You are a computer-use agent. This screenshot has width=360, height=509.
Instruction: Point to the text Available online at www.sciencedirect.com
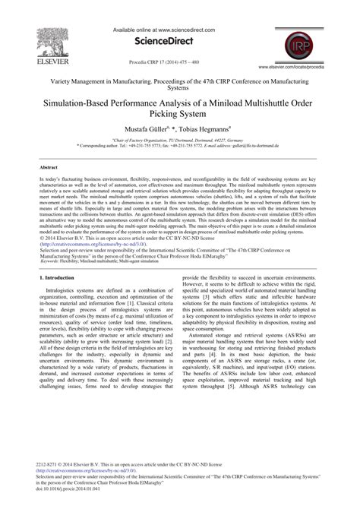(179, 30)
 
